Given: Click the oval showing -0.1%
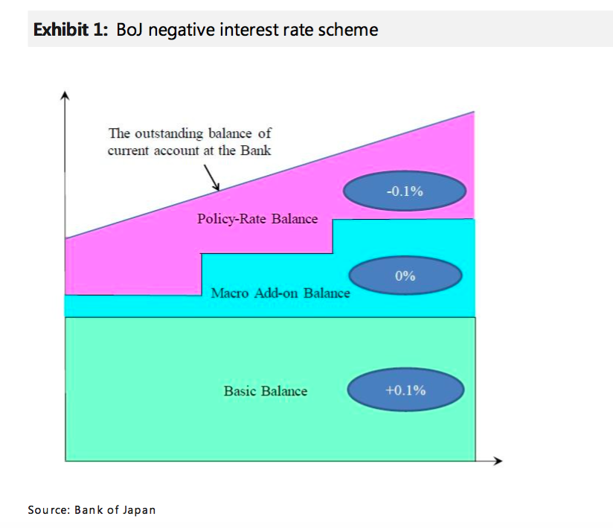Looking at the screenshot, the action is coord(405,191).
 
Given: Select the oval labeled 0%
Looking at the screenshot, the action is coord(405,276).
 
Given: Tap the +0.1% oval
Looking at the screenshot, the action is coord(405,390).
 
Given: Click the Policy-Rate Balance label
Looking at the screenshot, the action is coord(257,219).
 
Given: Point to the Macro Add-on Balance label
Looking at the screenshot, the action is coord(280,293).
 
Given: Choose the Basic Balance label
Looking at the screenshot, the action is coord(265,391).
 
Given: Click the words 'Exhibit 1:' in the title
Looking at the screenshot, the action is coord(71,31).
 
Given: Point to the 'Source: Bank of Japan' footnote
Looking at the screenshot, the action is coord(92,510).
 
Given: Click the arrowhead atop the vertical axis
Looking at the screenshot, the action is coord(65,96).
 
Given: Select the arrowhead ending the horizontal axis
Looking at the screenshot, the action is coord(498,461).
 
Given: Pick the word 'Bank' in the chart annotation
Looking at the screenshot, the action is coord(254,150).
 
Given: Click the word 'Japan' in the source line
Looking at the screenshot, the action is coord(140,510).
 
